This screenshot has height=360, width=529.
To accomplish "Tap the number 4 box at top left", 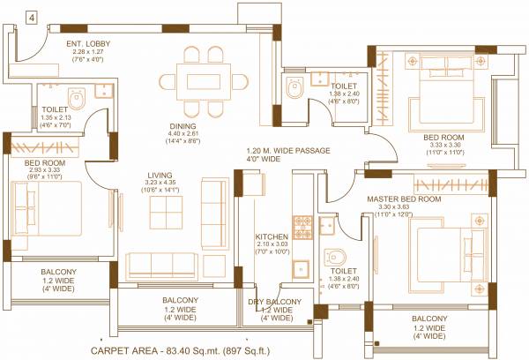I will coord(31,17).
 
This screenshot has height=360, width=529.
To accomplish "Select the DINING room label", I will coord(184,126).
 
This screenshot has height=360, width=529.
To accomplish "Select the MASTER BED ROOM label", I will coord(403,199).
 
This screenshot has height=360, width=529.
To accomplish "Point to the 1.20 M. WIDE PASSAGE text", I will coord(287,152).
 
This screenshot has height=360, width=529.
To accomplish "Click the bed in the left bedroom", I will coord(44,208).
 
